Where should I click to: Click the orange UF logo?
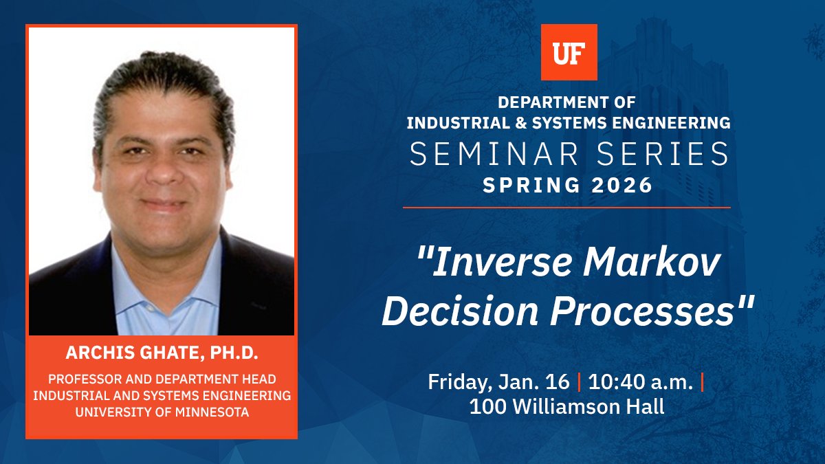pos(569,52)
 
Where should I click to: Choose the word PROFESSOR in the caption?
pos(89,379)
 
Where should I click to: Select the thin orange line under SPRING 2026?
pos(566,207)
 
